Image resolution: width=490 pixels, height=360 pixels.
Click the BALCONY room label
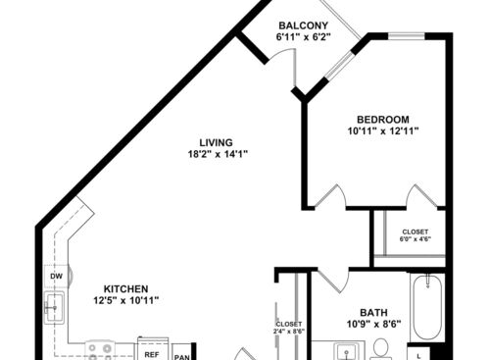click(x=302, y=25)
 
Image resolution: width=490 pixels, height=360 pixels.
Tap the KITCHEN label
click(x=126, y=289)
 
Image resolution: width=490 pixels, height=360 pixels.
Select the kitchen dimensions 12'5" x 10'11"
click(x=126, y=301)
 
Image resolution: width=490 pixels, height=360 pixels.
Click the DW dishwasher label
click(x=56, y=278)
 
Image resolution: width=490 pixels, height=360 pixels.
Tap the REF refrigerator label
click(x=152, y=353)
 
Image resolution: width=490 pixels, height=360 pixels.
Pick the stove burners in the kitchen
click(x=100, y=349)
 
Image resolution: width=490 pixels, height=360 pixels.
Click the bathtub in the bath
click(x=427, y=309)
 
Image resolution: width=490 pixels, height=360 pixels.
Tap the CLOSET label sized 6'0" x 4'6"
click(x=415, y=236)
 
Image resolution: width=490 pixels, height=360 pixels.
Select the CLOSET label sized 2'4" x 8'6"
click(x=289, y=328)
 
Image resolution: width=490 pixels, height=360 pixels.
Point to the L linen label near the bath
click(x=420, y=354)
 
